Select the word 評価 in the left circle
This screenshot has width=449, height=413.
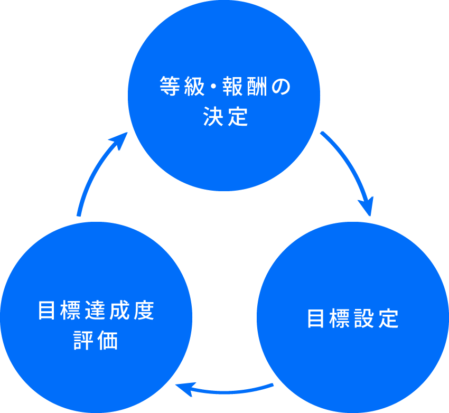coord(96,341)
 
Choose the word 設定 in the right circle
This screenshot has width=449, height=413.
coord(376,319)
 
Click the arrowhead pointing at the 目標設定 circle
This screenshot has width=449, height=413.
coord(366,207)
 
